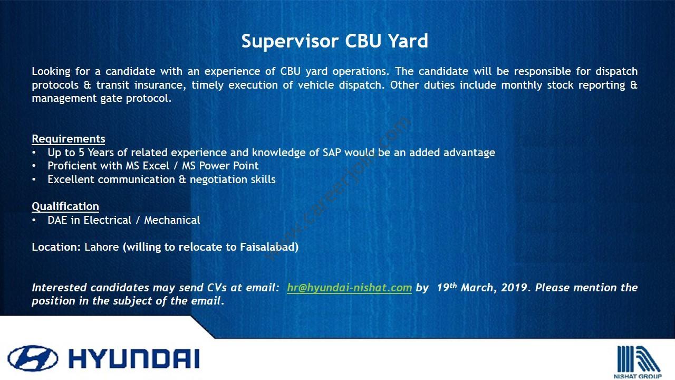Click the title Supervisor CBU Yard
334,41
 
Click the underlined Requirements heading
69,139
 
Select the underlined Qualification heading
65,206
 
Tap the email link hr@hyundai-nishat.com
349,288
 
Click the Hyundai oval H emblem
33,358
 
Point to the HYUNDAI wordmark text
134,358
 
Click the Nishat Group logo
639,362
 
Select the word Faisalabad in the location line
269,247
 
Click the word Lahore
102,247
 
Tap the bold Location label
56,247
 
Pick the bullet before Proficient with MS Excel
34,166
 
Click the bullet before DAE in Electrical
34,220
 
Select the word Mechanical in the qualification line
172,220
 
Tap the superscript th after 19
453,285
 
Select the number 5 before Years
81,153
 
